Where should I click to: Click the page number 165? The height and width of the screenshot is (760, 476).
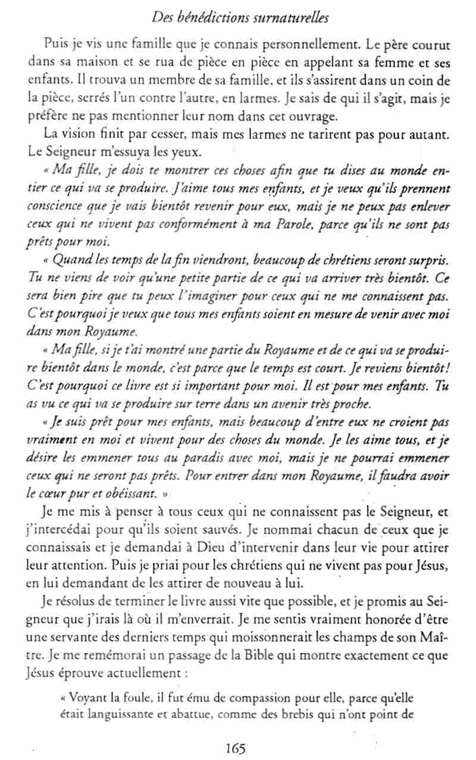(x=236, y=748)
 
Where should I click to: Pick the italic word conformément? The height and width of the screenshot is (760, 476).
(x=190, y=226)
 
